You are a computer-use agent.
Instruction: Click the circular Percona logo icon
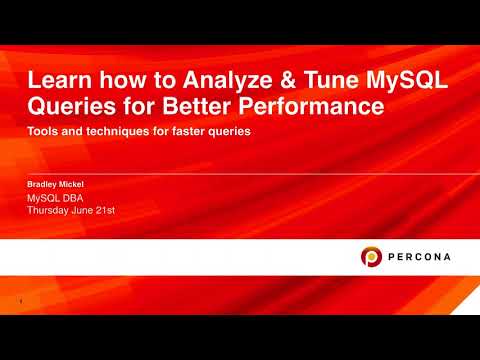[x=371, y=257]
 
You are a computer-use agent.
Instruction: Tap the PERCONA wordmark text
[x=419, y=257]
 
